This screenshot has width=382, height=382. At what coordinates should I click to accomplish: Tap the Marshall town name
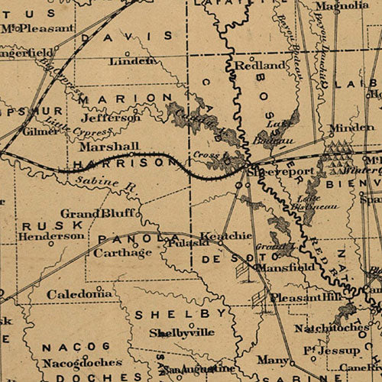click(108, 146)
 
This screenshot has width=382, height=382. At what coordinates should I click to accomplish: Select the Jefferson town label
click(111, 118)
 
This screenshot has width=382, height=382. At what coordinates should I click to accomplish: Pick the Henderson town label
click(52, 236)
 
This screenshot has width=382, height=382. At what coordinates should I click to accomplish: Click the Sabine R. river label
click(96, 183)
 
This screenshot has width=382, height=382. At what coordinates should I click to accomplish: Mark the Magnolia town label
click(337, 6)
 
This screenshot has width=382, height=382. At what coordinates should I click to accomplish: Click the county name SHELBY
click(180, 314)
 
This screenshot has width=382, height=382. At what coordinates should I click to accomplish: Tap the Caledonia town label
click(79, 293)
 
